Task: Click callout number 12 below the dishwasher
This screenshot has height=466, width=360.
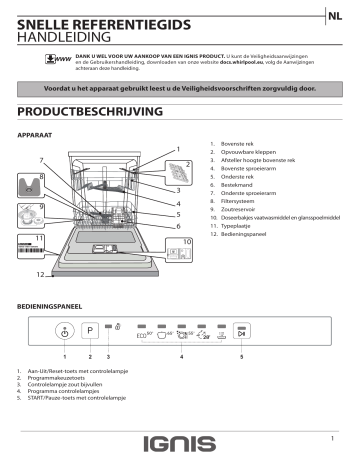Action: (x=40, y=274)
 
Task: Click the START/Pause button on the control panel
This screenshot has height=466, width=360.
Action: (x=241, y=332)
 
